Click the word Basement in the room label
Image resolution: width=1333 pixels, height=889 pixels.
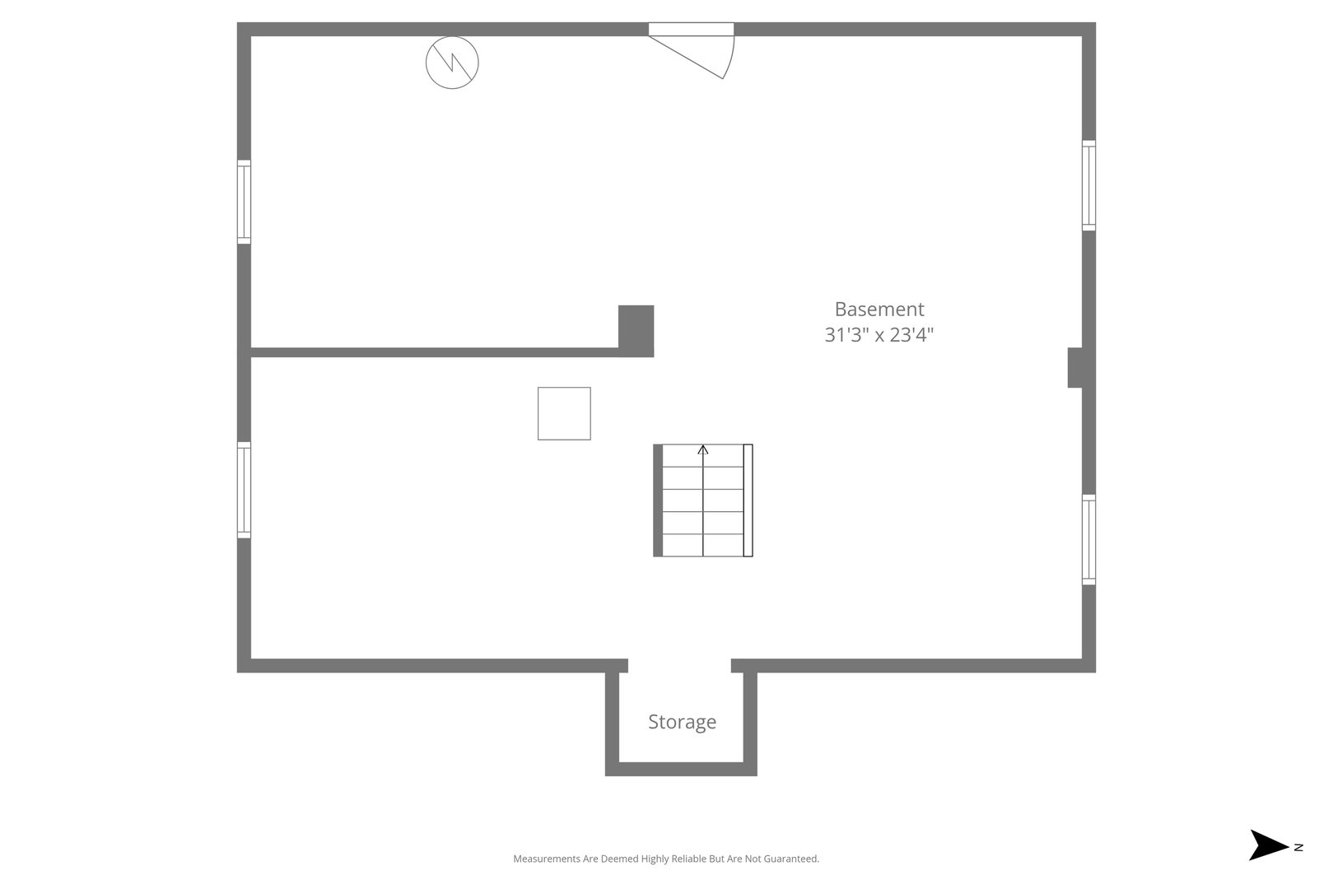879,310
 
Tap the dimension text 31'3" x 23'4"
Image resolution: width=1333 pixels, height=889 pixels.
879,335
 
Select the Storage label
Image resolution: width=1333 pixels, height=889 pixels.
682,722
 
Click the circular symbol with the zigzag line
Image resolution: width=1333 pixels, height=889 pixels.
452,63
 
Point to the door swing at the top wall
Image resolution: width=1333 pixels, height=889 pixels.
700,51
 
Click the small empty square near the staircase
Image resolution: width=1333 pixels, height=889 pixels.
564,413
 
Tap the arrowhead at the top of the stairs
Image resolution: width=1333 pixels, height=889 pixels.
703,449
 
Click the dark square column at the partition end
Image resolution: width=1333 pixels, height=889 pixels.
636,330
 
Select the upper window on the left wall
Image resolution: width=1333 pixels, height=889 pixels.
244,202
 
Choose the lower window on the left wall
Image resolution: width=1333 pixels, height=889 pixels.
244,490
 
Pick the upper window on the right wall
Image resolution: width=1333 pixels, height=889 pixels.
1088,185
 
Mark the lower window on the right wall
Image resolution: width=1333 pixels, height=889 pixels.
1088,540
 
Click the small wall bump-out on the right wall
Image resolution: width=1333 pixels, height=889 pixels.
1075,368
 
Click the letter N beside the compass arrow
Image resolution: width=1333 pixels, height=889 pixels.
1298,847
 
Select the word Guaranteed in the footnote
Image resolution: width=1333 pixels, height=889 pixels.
794,859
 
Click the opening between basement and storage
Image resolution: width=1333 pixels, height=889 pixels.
679,665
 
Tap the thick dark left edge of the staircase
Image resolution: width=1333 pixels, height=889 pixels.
658,500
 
